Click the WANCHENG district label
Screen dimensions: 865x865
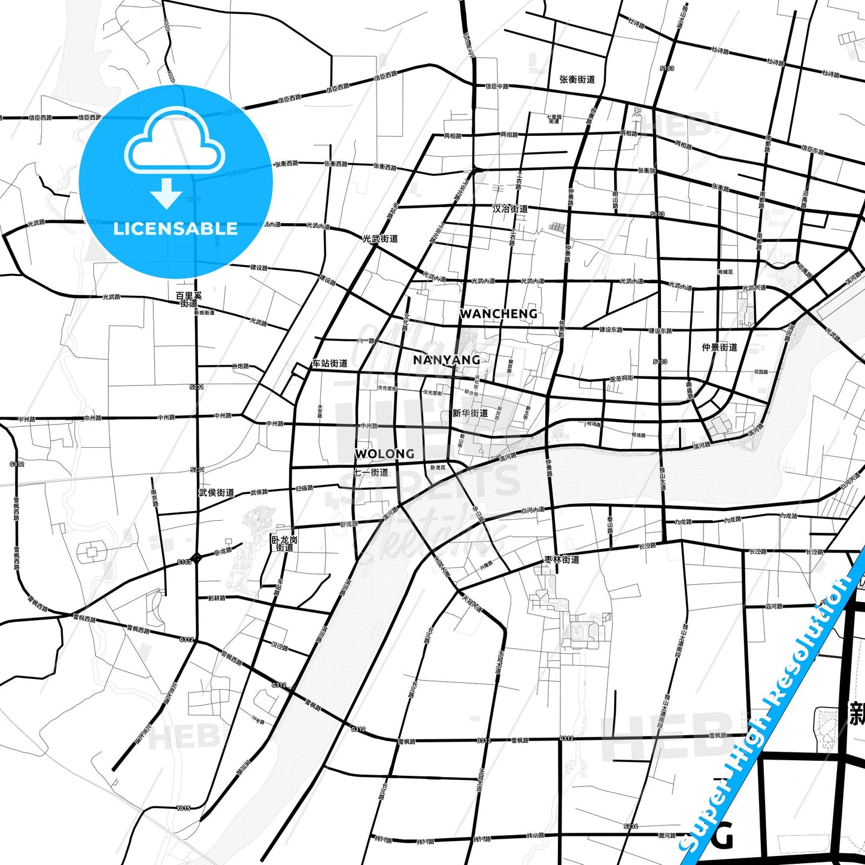coord(498,314)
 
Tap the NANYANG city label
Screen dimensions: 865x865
coord(447,360)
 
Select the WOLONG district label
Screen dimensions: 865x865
coord(384,454)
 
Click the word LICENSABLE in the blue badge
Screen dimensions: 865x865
coord(175,229)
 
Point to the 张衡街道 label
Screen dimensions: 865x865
coord(577,79)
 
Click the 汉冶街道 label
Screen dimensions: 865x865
coord(510,208)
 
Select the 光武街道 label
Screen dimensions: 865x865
coord(380,238)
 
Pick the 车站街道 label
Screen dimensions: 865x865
coord(330,363)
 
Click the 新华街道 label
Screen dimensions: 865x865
coord(470,413)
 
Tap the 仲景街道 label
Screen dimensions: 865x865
coord(720,347)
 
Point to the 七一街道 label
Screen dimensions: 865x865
coord(371,472)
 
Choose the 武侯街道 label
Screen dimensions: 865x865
coord(216,493)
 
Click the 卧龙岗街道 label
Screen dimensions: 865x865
coord(284,544)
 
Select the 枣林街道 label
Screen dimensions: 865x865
coord(562,560)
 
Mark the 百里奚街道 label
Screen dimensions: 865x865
coord(189,299)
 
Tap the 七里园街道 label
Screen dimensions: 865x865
coord(554,119)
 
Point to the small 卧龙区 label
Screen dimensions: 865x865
coord(438,468)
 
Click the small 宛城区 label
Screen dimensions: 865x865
coord(726,272)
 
